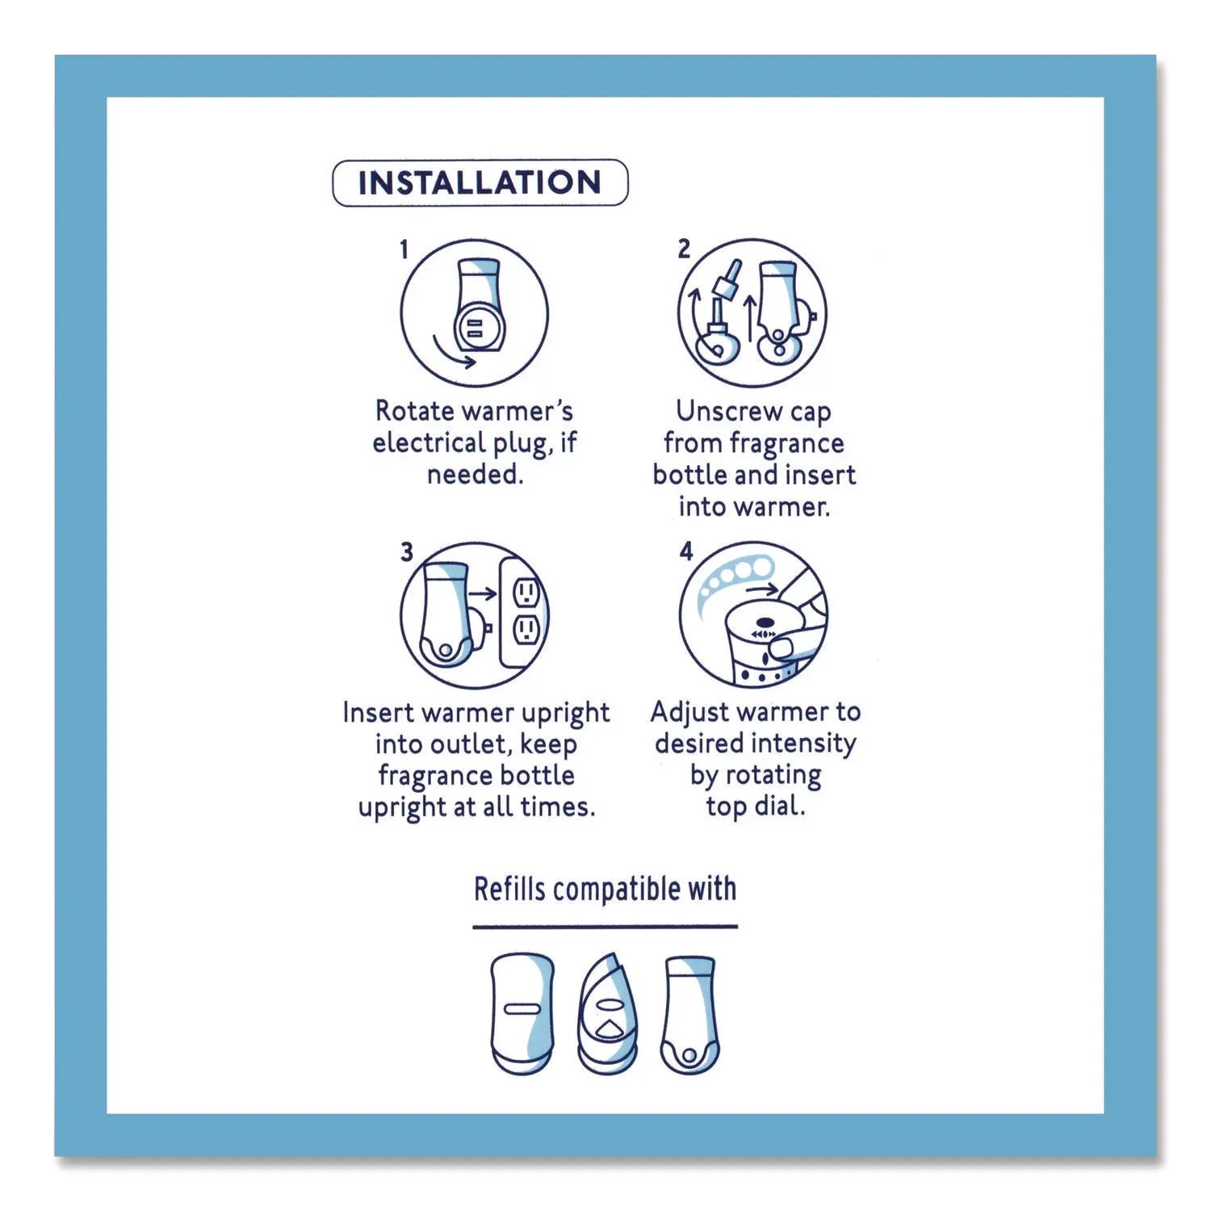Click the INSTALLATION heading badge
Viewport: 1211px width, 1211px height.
click(x=480, y=182)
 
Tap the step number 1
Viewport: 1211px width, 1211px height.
click(x=404, y=250)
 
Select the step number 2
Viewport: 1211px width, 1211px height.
click(x=684, y=249)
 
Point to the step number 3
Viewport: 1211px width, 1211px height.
click(x=406, y=552)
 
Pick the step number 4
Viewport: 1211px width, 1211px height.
click(x=686, y=551)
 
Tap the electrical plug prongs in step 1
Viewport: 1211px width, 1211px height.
click(x=474, y=327)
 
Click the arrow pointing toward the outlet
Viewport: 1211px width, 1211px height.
click(x=483, y=594)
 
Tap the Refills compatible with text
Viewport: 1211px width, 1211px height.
click(x=605, y=889)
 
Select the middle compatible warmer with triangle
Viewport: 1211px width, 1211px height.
click(x=607, y=1015)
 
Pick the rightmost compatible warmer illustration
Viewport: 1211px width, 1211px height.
click(x=689, y=1015)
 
